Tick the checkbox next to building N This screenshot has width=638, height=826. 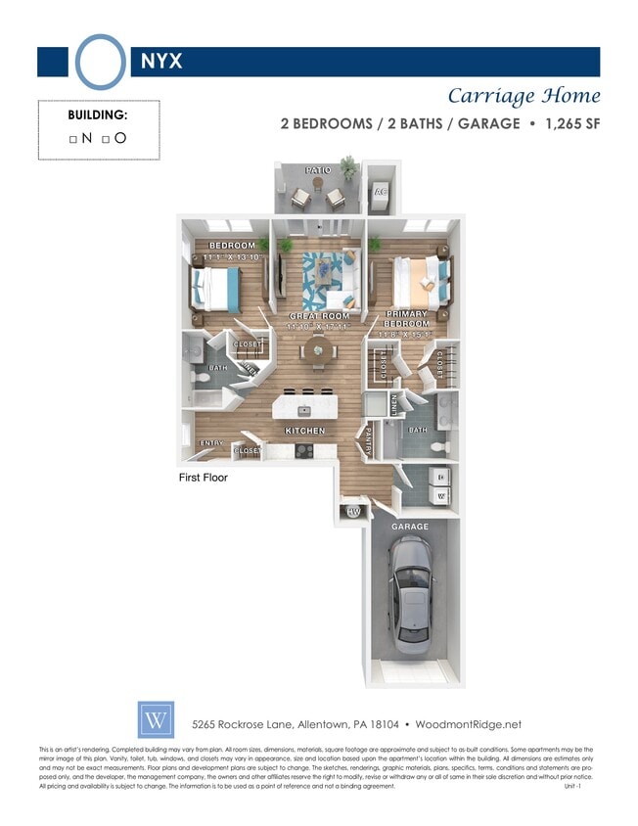[x=73, y=139]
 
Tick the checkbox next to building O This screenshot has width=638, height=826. [x=106, y=139]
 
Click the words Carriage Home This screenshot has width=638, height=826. [x=524, y=96]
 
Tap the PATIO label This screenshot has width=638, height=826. [x=317, y=170]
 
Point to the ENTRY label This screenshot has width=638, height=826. [x=212, y=443]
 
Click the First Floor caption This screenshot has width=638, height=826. [x=203, y=479]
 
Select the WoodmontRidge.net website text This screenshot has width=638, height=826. [x=468, y=724]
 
